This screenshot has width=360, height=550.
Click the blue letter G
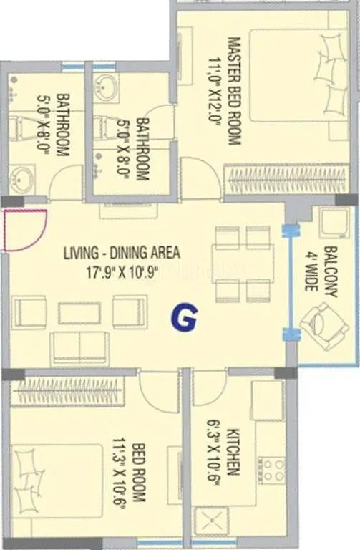[185, 318]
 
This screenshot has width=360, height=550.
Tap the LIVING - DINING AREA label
[121, 253]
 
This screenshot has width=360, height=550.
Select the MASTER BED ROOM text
[233, 91]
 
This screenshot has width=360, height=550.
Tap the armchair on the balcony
[323, 326]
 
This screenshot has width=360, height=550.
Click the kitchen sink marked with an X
[213, 521]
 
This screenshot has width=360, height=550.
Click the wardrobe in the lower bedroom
[69, 390]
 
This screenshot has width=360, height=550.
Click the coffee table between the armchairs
[79, 313]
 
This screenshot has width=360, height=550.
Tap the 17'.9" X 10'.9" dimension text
[121, 271]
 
